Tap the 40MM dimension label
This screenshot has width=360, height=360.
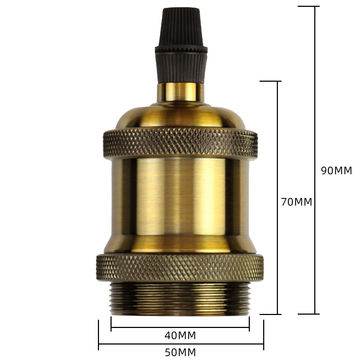click(180, 334)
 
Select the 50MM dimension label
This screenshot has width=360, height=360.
click(180, 351)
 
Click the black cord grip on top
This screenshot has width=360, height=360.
click(180, 50)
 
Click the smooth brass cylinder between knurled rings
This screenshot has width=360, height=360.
click(180, 205)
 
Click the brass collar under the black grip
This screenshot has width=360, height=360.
click(180, 92)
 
